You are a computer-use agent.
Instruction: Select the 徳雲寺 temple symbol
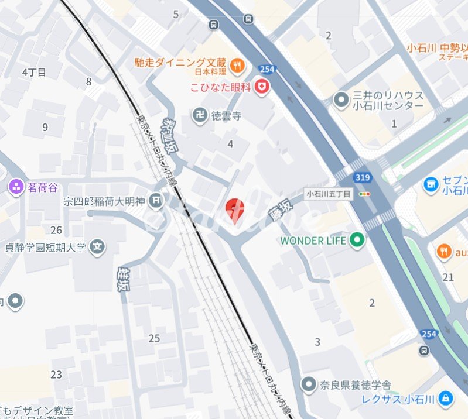point(200,115)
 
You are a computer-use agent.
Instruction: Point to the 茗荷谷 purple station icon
point(16,187)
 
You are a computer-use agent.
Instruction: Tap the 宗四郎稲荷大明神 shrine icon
point(156,201)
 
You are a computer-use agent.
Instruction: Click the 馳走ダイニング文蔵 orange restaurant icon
point(237,64)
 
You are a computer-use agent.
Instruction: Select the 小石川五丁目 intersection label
point(329,194)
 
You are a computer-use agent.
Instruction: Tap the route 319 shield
point(361,177)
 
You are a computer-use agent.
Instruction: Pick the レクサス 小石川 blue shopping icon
point(446,399)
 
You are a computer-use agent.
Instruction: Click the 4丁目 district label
point(33,72)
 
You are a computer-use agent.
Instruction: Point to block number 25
point(154,338)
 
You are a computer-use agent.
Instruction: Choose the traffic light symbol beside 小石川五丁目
point(365,194)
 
